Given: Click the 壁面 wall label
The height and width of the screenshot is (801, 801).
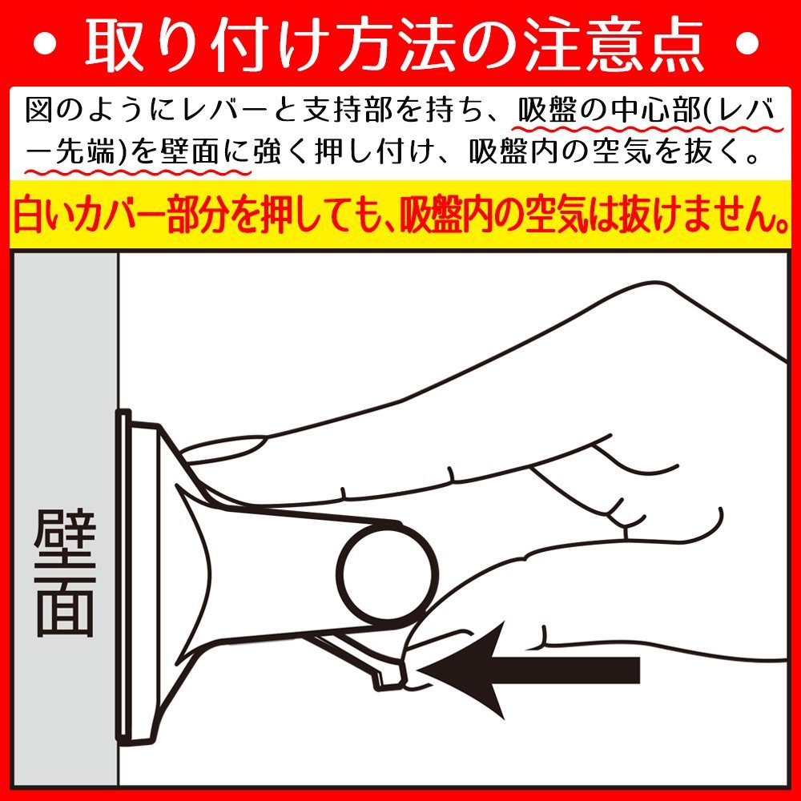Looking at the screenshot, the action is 66,574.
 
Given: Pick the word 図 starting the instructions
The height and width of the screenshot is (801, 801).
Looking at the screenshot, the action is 40,111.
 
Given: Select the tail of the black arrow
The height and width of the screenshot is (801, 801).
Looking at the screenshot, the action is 638,670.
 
